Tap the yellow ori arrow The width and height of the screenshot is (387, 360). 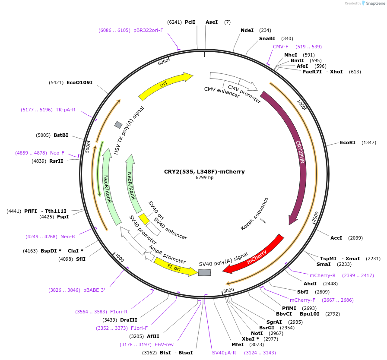(x=164, y=85)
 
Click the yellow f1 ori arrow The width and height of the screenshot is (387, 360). (x=175, y=267)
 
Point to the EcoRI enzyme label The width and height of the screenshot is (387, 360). (x=347, y=142)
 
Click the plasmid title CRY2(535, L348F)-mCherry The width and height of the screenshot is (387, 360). (x=204, y=172)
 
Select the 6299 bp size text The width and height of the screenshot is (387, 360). (x=204, y=178)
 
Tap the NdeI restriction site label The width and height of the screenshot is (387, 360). (x=247, y=30)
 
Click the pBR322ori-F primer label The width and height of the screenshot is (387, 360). (x=148, y=30)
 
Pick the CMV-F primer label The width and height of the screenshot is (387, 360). (x=280, y=47)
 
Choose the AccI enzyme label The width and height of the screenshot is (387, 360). (x=336, y=238)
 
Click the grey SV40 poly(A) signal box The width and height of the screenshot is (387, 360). (x=205, y=272)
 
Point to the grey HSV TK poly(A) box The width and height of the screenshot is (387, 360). (x=118, y=125)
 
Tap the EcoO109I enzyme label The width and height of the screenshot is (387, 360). (x=79, y=82)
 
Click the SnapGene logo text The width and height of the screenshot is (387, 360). (x=374, y=3)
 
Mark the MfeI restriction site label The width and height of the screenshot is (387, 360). (x=238, y=344)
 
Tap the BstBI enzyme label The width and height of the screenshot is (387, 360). (x=61, y=135)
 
